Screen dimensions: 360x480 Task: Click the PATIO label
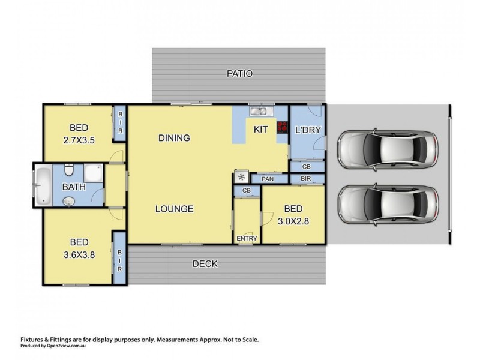pos(239,74)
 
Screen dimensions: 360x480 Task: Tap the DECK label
pos(205,263)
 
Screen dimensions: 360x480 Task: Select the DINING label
pos(174,138)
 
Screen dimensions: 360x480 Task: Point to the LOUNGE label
pos(174,209)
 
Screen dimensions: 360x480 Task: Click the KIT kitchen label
pos(260,129)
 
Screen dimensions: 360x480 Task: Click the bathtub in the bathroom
pos(43,185)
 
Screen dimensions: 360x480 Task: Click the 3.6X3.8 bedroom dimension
pos(79,254)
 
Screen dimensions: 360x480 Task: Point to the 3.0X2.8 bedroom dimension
pos(293,220)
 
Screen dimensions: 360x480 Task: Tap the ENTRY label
pos(247,238)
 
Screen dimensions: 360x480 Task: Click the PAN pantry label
pos(267,178)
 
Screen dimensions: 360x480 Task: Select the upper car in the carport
pos(387,150)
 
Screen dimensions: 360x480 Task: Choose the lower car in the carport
pos(387,203)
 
